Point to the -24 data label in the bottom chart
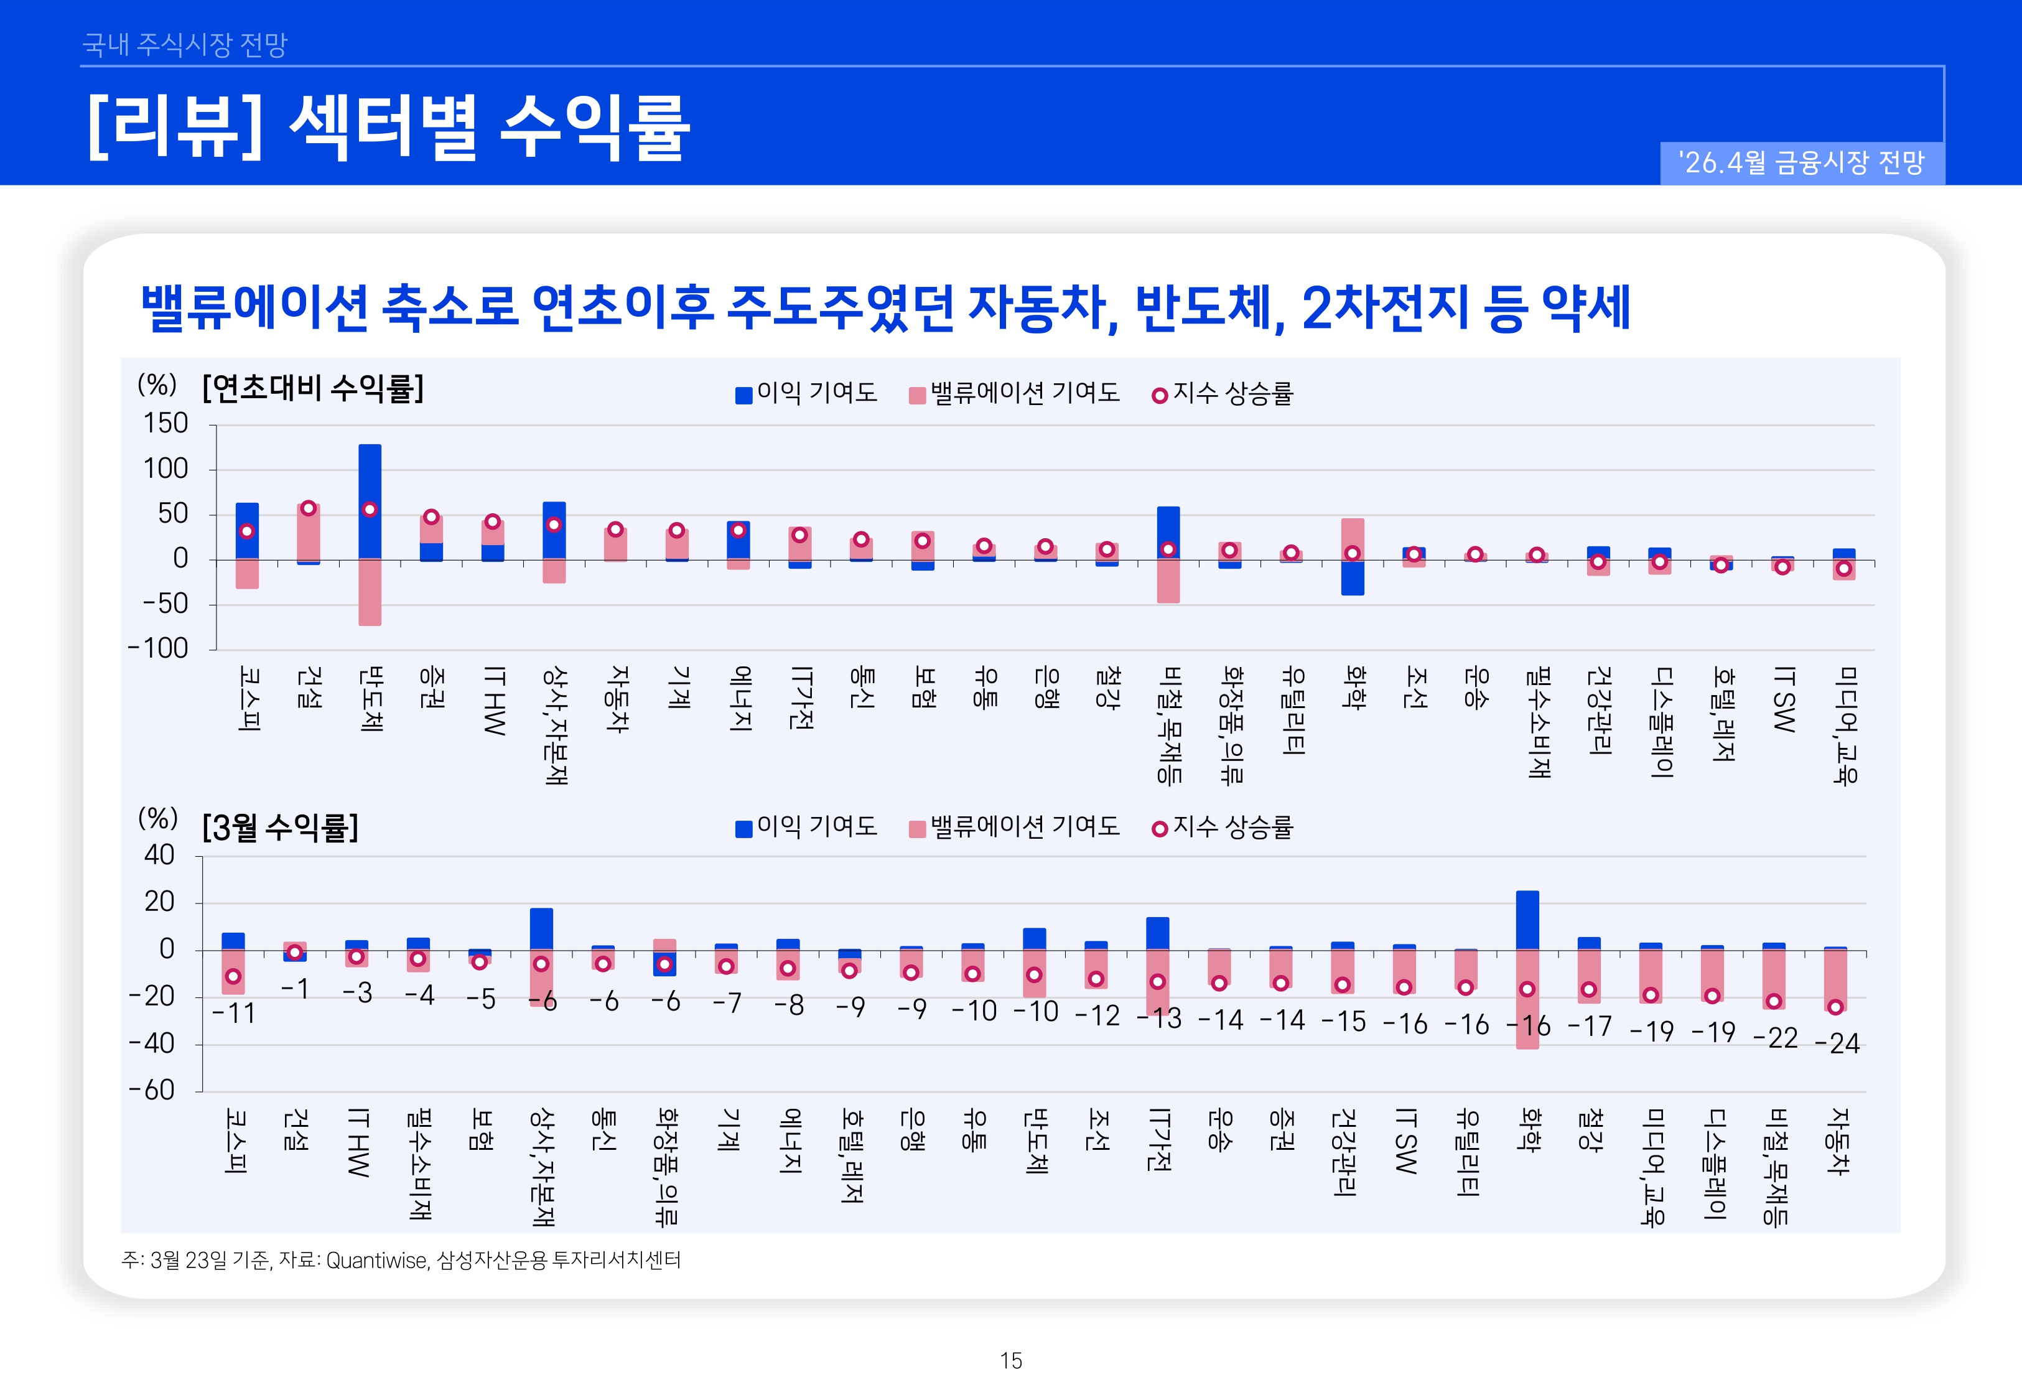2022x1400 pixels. click(x=1837, y=1044)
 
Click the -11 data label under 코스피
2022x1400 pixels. click(x=233, y=1014)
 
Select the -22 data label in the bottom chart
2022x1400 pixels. click(x=1776, y=1038)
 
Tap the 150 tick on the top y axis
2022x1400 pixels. click(x=165, y=424)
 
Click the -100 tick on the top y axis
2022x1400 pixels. click(x=158, y=649)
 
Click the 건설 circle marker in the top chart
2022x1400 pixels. click(x=309, y=508)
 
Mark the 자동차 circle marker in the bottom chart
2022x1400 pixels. click(x=1835, y=1007)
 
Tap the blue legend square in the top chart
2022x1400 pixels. click(x=743, y=396)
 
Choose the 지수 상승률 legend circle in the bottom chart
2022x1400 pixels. click(x=1159, y=829)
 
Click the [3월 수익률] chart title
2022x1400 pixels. click(x=281, y=827)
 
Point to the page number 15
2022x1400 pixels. click(x=1011, y=1361)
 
